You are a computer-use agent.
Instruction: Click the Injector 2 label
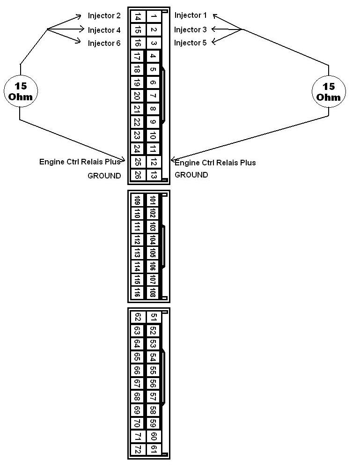pyautogui.click(x=104, y=16)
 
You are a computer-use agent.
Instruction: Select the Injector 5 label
pyautogui.click(x=190, y=43)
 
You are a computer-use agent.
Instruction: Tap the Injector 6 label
pyautogui.click(x=104, y=44)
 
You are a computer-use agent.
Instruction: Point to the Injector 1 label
pyautogui.click(x=191, y=15)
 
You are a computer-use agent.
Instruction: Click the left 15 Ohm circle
pyautogui.click(x=21, y=91)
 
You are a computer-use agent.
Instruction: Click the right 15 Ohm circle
pyautogui.click(x=329, y=92)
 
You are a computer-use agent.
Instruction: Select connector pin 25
pyautogui.click(x=138, y=162)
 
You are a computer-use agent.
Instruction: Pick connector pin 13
pyautogui.click(x=154, y=175)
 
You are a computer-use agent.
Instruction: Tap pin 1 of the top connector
pyautogui.click(x=154, y=16)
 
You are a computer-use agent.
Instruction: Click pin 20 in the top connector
pyautogui.click(x=137, y=96)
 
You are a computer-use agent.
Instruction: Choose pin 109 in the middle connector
pyautogui.click(x=137, y=201)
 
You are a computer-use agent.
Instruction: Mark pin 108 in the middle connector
pyautogui.click(x=153, y=292)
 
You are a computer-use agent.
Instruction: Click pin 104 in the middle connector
pyautogui.click(x=153, y=240)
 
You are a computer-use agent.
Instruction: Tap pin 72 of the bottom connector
pyautogui.click(x=138, y=449)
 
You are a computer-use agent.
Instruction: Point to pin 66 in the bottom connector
pyautogui.click(x=137, y=370)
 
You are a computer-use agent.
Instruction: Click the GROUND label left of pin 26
pyautogui.click(x=104, y=176)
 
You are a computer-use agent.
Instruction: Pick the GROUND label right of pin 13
pyautogui.click(x=191, y=175)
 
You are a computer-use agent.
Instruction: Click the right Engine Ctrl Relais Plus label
pyautogui.click(x=215, y=163)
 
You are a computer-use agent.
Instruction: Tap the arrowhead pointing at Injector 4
pyautogui.click(x=81, y=29)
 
